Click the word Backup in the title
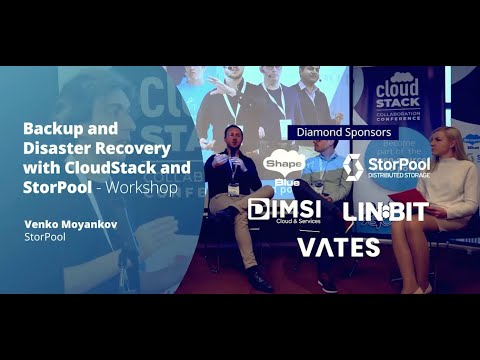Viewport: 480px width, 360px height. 51,129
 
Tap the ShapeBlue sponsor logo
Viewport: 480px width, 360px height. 283,167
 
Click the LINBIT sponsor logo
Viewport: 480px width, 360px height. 385,210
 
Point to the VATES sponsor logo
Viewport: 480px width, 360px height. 338,246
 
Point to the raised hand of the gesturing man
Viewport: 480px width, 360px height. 211,162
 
